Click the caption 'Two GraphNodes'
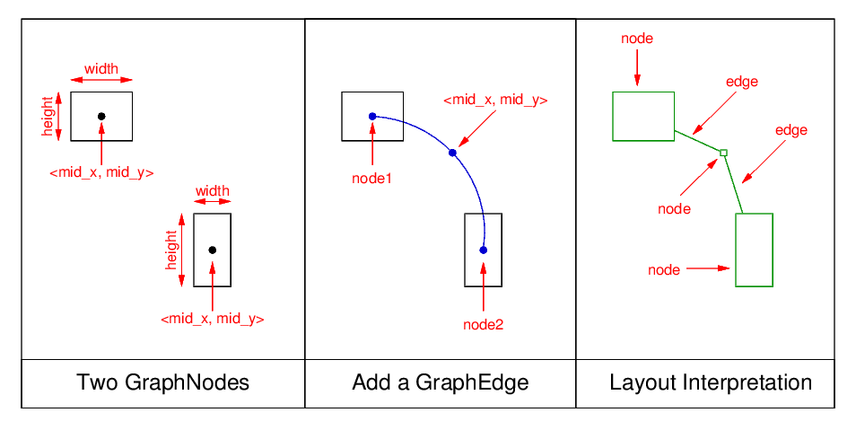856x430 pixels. (162, 383)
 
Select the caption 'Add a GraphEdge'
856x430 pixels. (440, 383)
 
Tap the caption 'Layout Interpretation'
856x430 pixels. (710, 383)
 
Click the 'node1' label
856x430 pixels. (371, 178)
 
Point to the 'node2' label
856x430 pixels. (483, 325)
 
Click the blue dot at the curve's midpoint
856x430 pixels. (452, 153)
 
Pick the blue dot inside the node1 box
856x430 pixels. (372, 116)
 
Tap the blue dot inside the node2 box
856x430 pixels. (483, 250)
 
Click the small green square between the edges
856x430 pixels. (723, 153)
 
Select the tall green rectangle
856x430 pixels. (754, 250)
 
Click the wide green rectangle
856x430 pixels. (642, 116)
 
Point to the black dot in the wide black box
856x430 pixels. (101, 116)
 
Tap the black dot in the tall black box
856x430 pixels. (212, 250)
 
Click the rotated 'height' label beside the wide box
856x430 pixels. (48, 116)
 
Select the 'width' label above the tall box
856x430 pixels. (212, 190)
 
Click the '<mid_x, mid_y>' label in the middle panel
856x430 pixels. (495, 100)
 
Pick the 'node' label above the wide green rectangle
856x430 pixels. (637, 39)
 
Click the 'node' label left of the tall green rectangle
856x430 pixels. (664, 269)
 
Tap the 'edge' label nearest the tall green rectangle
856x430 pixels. (791, 130)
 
